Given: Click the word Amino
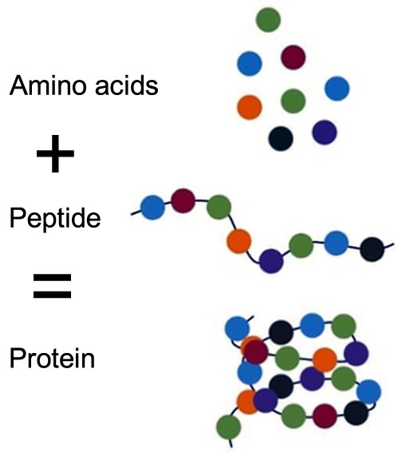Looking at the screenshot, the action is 48,85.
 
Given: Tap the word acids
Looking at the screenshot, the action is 127,85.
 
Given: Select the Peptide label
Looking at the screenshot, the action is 55,218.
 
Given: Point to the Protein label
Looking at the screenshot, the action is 53,358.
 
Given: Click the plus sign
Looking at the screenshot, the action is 55,153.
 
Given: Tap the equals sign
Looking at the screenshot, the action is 53,286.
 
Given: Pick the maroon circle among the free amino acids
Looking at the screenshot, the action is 293,57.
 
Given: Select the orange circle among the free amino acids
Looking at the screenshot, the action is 250,107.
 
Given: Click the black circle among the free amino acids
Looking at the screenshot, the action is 281,138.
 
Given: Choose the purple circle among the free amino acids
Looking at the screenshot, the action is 325,133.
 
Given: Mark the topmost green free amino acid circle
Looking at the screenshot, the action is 268,20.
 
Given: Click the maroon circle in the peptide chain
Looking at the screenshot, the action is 183,200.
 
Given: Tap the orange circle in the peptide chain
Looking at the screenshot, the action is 239,241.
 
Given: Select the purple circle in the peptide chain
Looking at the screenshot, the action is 271,261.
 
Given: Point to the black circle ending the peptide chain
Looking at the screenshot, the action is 372,249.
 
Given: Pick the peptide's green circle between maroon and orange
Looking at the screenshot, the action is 219,207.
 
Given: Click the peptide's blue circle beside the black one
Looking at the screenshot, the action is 336,243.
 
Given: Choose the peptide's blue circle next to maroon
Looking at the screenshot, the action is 152,208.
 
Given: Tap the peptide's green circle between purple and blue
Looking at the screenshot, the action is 302,245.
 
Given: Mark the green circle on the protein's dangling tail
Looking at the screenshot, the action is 229,427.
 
